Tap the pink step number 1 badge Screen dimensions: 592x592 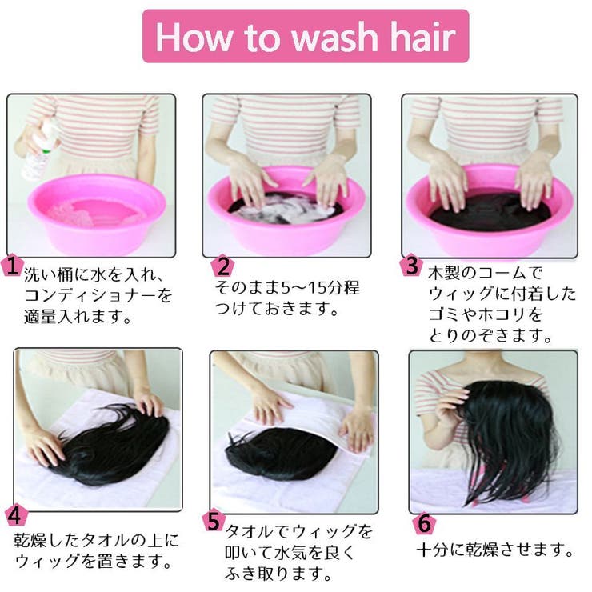point(12,265)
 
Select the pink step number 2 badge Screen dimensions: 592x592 point(222,266)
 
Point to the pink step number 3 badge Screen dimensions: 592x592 point(411,265)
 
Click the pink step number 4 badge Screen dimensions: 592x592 point(16,515)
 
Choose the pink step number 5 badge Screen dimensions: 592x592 point(214,521)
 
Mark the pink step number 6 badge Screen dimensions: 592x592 point(424,522)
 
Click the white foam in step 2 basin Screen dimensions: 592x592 point(288,209)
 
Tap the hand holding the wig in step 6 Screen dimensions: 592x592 point(450,409)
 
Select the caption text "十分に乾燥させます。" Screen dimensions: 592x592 point(495,550)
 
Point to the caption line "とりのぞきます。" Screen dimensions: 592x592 point(491,335)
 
